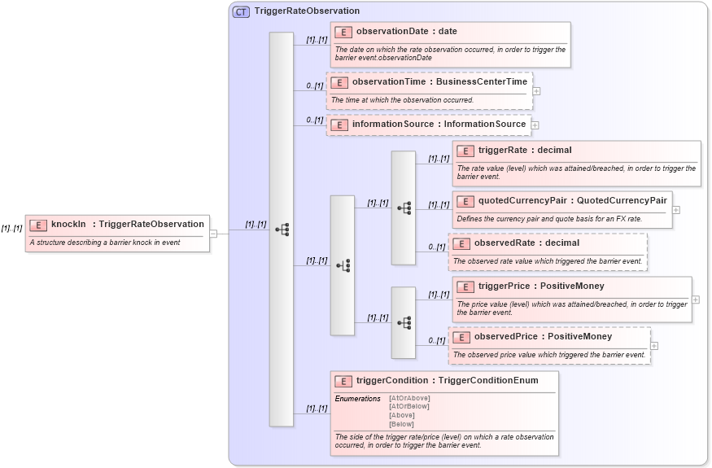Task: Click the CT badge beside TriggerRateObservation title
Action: pos(241,11)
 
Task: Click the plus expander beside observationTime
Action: pos(536,90)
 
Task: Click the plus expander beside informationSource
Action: pos(535,125)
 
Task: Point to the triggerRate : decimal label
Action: pos(525,151)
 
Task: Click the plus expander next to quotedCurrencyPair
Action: pos(676,210)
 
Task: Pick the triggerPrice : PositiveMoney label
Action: pos(541,286)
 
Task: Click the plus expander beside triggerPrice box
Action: pos(696,300)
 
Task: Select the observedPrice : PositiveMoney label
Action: pos(543,337)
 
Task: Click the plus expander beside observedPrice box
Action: pos(654,346)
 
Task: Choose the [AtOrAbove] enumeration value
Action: pos(409,399)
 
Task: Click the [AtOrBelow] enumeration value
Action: pos(409,407)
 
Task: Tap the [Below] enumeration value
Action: pos(401,424)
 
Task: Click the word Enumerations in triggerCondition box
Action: pos(357,399)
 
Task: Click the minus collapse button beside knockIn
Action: pos(213,233)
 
